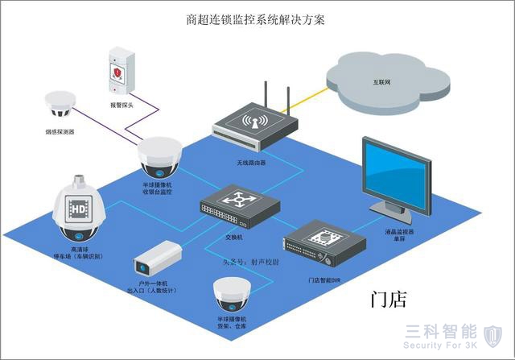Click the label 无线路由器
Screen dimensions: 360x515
[249, 162]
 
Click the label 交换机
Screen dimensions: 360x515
[233, 237]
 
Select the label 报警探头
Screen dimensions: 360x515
[121, 105]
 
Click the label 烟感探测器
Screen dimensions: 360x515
[60, 131]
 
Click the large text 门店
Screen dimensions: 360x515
[389, 300]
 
